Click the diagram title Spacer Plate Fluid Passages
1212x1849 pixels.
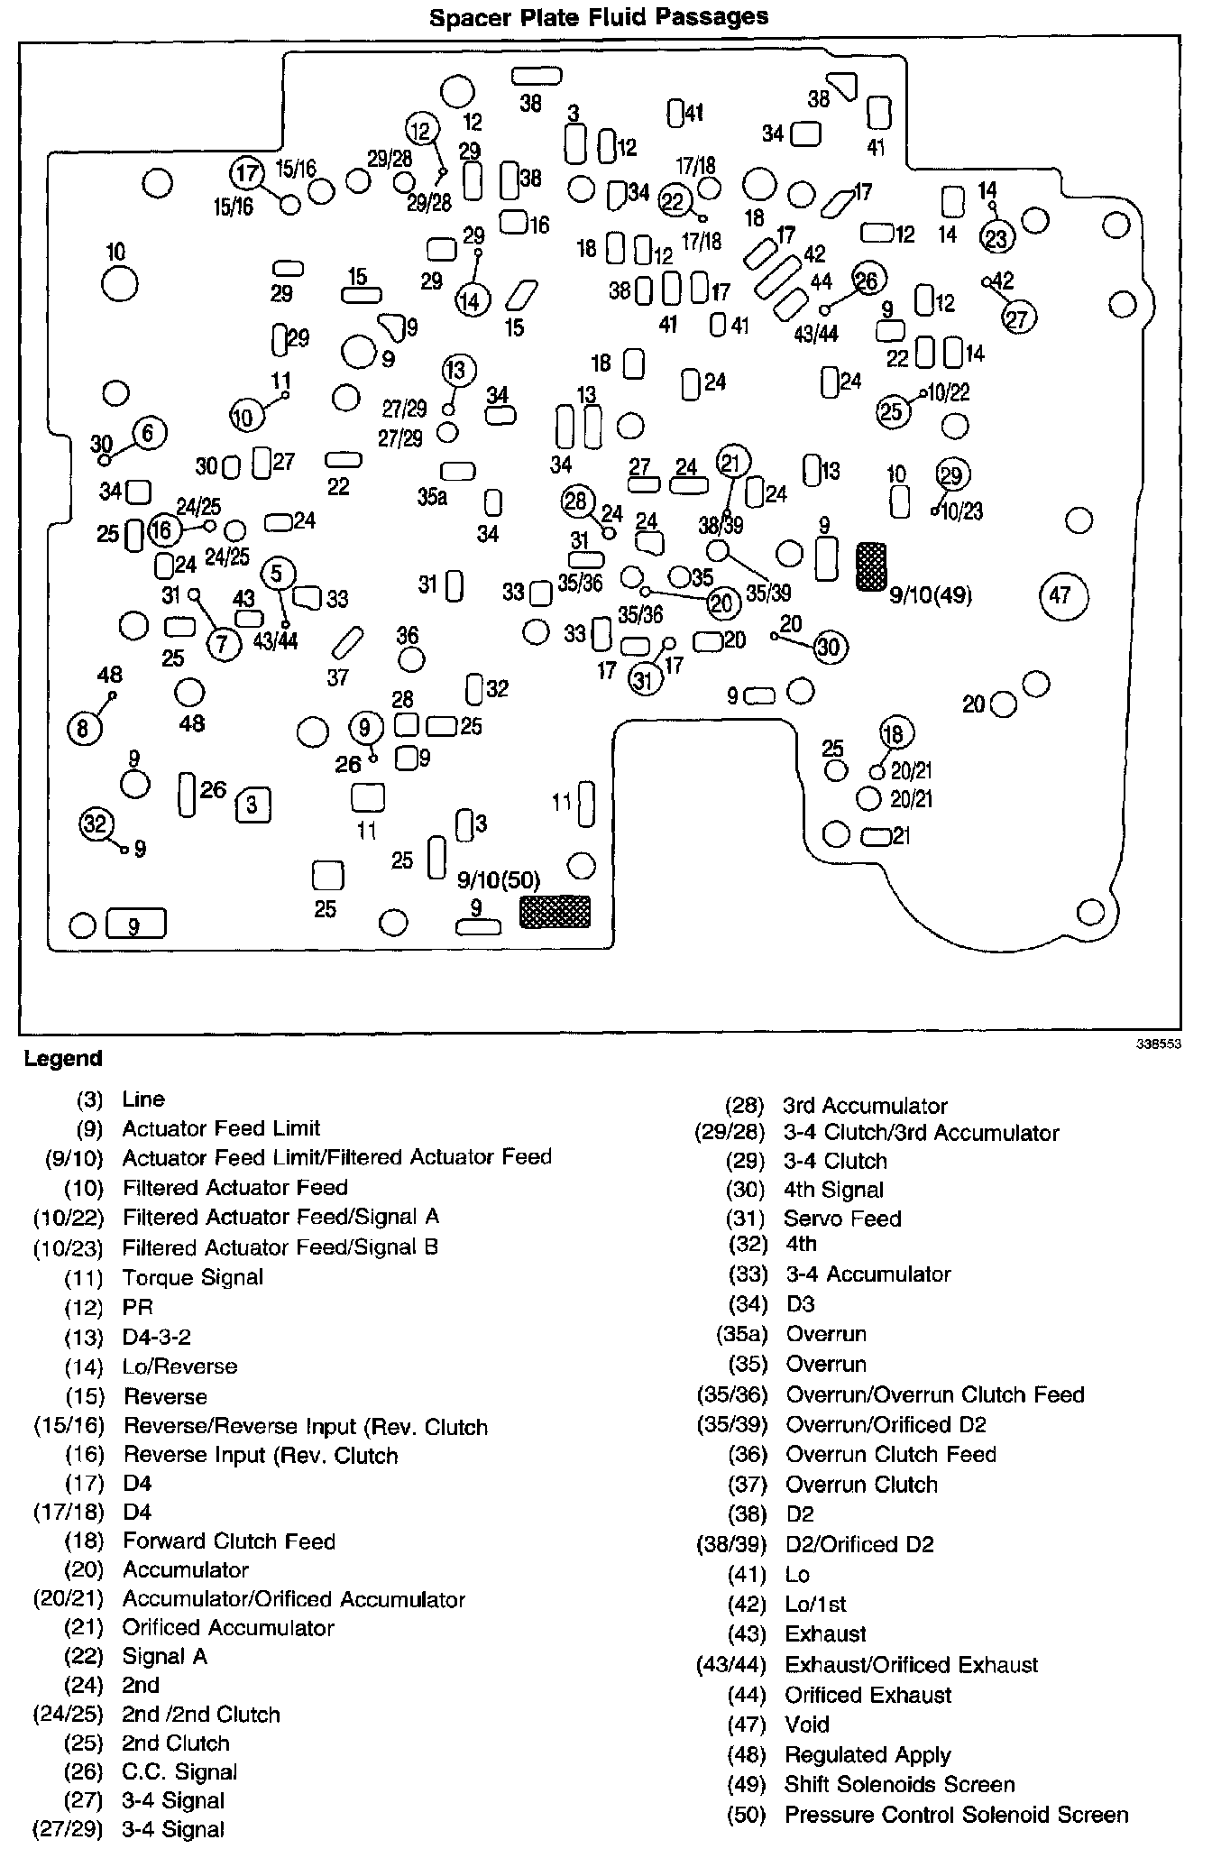point(599,17)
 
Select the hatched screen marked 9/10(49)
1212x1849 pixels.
point(870,566)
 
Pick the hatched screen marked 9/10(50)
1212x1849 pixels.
point(555,911)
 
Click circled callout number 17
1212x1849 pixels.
point(246,173)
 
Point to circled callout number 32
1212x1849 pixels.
point(96,823)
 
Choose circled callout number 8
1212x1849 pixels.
point(84,727)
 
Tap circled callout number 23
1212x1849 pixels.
point(997,237)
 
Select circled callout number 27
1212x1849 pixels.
point(1020,317)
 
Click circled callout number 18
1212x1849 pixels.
point(894,733)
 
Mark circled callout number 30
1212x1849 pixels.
point(828,646)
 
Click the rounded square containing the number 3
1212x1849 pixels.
point(252,804)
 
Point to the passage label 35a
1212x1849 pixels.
point(431,497)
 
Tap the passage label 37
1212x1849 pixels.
point(338,676)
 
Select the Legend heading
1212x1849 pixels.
point(63,1058)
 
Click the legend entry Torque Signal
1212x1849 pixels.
point(193,1277)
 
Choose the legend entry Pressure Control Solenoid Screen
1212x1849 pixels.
point(956,1815)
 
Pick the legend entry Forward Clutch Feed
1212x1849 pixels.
point(229,1541)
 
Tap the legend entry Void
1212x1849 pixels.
point(807,1725)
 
